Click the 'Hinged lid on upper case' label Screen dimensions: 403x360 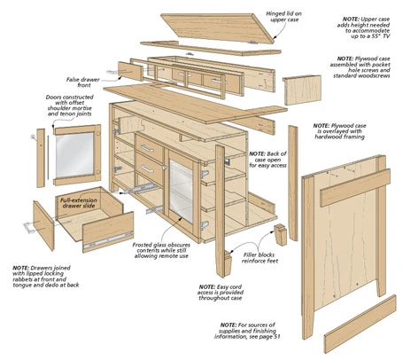pyautogui.click(x=283, y=17)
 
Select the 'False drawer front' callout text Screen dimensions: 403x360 pyautogui.click(x=83, y=82)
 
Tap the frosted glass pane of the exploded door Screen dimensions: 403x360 pyautogui.click(x=75, y=155)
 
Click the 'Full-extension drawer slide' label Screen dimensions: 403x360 pyautogui.click(x=79, y=203)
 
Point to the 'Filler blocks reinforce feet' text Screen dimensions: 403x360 pyautogui.click(x=260, y=258)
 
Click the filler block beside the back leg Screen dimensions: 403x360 pyautogui.click(x=280, y=234)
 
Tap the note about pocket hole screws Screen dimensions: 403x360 pyautogui.click(x=360, y=67)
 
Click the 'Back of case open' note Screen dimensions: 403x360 pyautogui.click(x=267, y=160)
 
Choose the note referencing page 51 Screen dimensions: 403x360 pyautogui.click(x=247, y=331)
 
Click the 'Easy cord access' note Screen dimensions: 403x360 pyautogui.click(x=221, y=293)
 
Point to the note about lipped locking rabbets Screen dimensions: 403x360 pyautogui.click(x=46, y=277)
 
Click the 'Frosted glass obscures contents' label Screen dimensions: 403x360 pyautogui.click(x=161, y=250)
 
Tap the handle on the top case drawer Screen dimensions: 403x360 pyautogui.click(x=147, y=148)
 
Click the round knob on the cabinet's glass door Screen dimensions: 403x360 pyautogui.click(x=165, y=168)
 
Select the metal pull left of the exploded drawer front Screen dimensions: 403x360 pyautogui.click(x=28, y=228)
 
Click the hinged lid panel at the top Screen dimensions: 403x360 pyautogui.click(x=218, y=27)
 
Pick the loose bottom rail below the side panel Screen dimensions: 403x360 pyautogui.click(x=360, y=325)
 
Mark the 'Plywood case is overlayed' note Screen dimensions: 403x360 pyautogui.click(x=339, y=131)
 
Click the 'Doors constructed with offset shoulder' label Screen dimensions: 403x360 pyautogui.click(x=70, y=106)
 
